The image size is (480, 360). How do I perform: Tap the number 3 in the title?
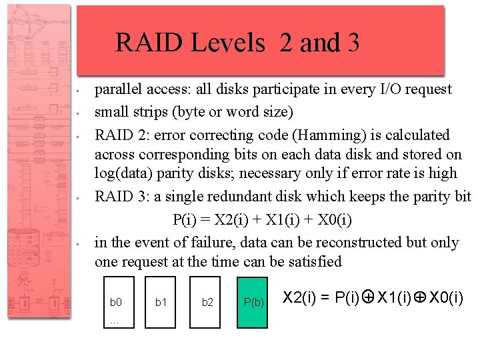point(353,43)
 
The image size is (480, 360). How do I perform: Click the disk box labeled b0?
point(116,301)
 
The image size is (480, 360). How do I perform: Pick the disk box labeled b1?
point(161,301)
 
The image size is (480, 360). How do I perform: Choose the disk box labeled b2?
point(207,301)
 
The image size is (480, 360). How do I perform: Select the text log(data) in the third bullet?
point(127,173)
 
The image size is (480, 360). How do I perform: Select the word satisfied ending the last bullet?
point(313,261)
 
